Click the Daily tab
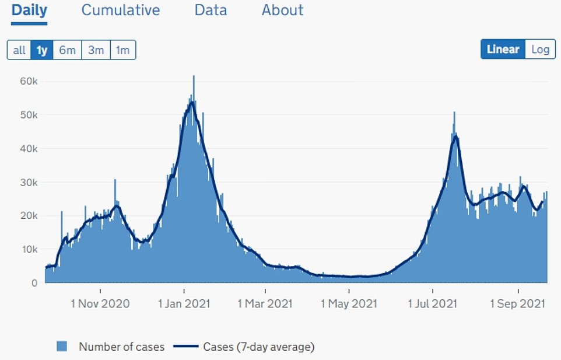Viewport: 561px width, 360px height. pos(29,10)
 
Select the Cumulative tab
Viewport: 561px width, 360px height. pos(121,10)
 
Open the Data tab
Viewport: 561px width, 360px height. pos(211,10)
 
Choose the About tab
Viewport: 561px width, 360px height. pos(282,10)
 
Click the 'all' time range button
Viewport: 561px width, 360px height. pos(19,50)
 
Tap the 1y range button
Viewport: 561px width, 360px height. pos(42,50)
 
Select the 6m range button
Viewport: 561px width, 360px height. pos(67,50)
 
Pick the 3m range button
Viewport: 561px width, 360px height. pos(96,50)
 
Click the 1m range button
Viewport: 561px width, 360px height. pos(122,50)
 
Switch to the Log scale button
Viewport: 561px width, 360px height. pos(540,49)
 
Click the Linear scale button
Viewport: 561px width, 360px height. pos(503,49)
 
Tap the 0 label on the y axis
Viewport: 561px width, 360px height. pos(34,283)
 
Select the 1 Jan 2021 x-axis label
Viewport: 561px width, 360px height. pos(184,303)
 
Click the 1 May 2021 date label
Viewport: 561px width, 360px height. pos(349,303)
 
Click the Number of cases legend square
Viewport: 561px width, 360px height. pos(62,347)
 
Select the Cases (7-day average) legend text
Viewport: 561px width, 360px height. pos(259,347)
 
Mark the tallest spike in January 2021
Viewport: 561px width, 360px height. pos(194,76)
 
